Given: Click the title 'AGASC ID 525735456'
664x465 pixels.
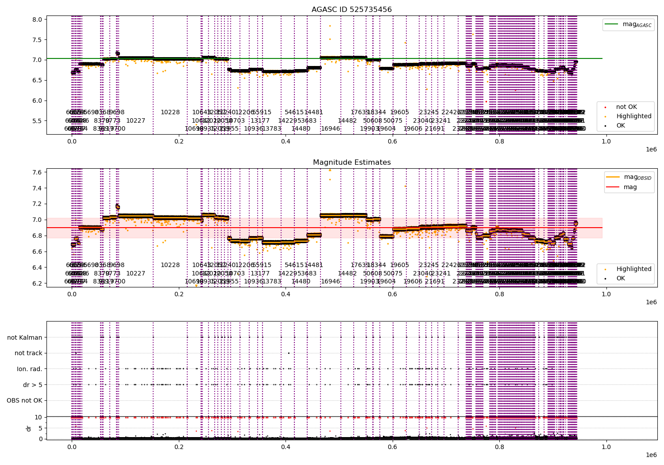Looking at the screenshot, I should tap(351, 10).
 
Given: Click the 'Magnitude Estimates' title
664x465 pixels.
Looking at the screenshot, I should tap(351, 163).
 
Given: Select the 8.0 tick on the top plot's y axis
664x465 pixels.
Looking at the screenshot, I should tap(37, 19).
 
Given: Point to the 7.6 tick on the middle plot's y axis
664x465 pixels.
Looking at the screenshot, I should tap(37, 172).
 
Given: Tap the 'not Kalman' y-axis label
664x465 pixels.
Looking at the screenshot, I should tap(25, 337).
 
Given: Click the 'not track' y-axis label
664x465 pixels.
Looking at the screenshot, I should tap(28, 353).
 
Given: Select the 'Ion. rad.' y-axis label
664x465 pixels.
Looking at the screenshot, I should tap(30, 369).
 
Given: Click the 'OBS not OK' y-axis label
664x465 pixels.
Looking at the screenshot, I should tap(24, 401).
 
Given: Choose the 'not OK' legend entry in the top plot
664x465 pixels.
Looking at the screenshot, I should tap(626, 107).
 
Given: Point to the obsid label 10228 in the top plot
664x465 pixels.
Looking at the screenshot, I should tap(170, 112).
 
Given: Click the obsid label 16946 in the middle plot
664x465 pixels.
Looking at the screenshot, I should tap(330, 281).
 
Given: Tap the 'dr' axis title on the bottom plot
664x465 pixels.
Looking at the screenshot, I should tap(29, 428).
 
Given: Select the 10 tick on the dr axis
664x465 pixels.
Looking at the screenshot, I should tap(38, 417).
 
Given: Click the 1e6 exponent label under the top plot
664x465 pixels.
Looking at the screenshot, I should tap(651, 150).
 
